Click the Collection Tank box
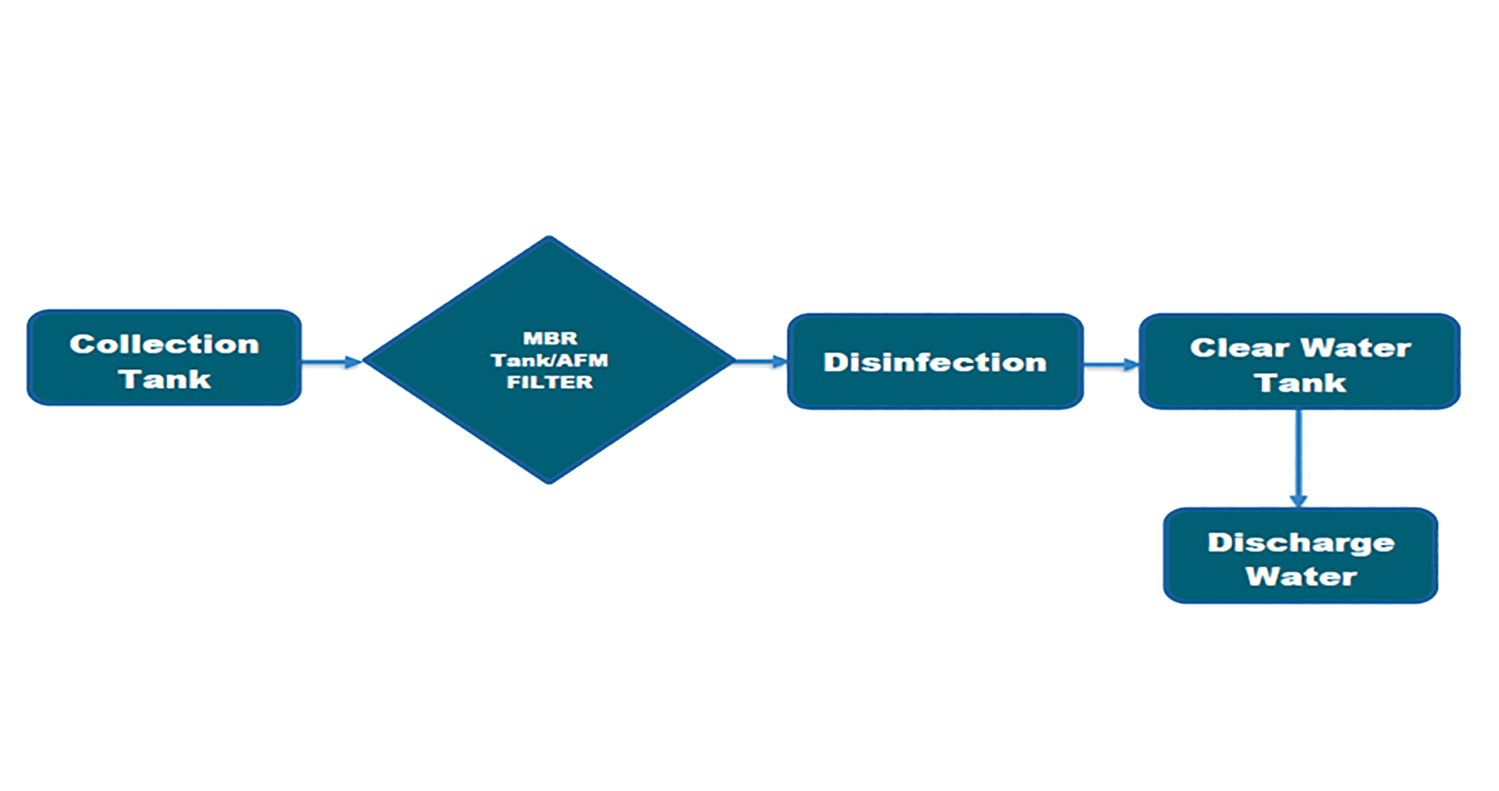pos(164,358)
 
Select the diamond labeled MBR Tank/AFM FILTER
pos(549,428)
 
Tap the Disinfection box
pos(935,362)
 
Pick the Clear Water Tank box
pos(1299,362)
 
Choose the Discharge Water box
pos(1300,556)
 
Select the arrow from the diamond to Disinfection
pos(761,362)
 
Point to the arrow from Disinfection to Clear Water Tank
pos(1111,365)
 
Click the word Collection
pos(164,345)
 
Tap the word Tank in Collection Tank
pos(164,379)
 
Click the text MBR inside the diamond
pos(550,338)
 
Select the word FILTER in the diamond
pos(550,382)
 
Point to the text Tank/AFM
pos(550,360)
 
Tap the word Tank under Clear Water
pos(1300,383)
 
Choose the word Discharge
pos(1301,543)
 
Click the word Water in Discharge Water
pos(1301,576)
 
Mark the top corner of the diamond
pos(549,238)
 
